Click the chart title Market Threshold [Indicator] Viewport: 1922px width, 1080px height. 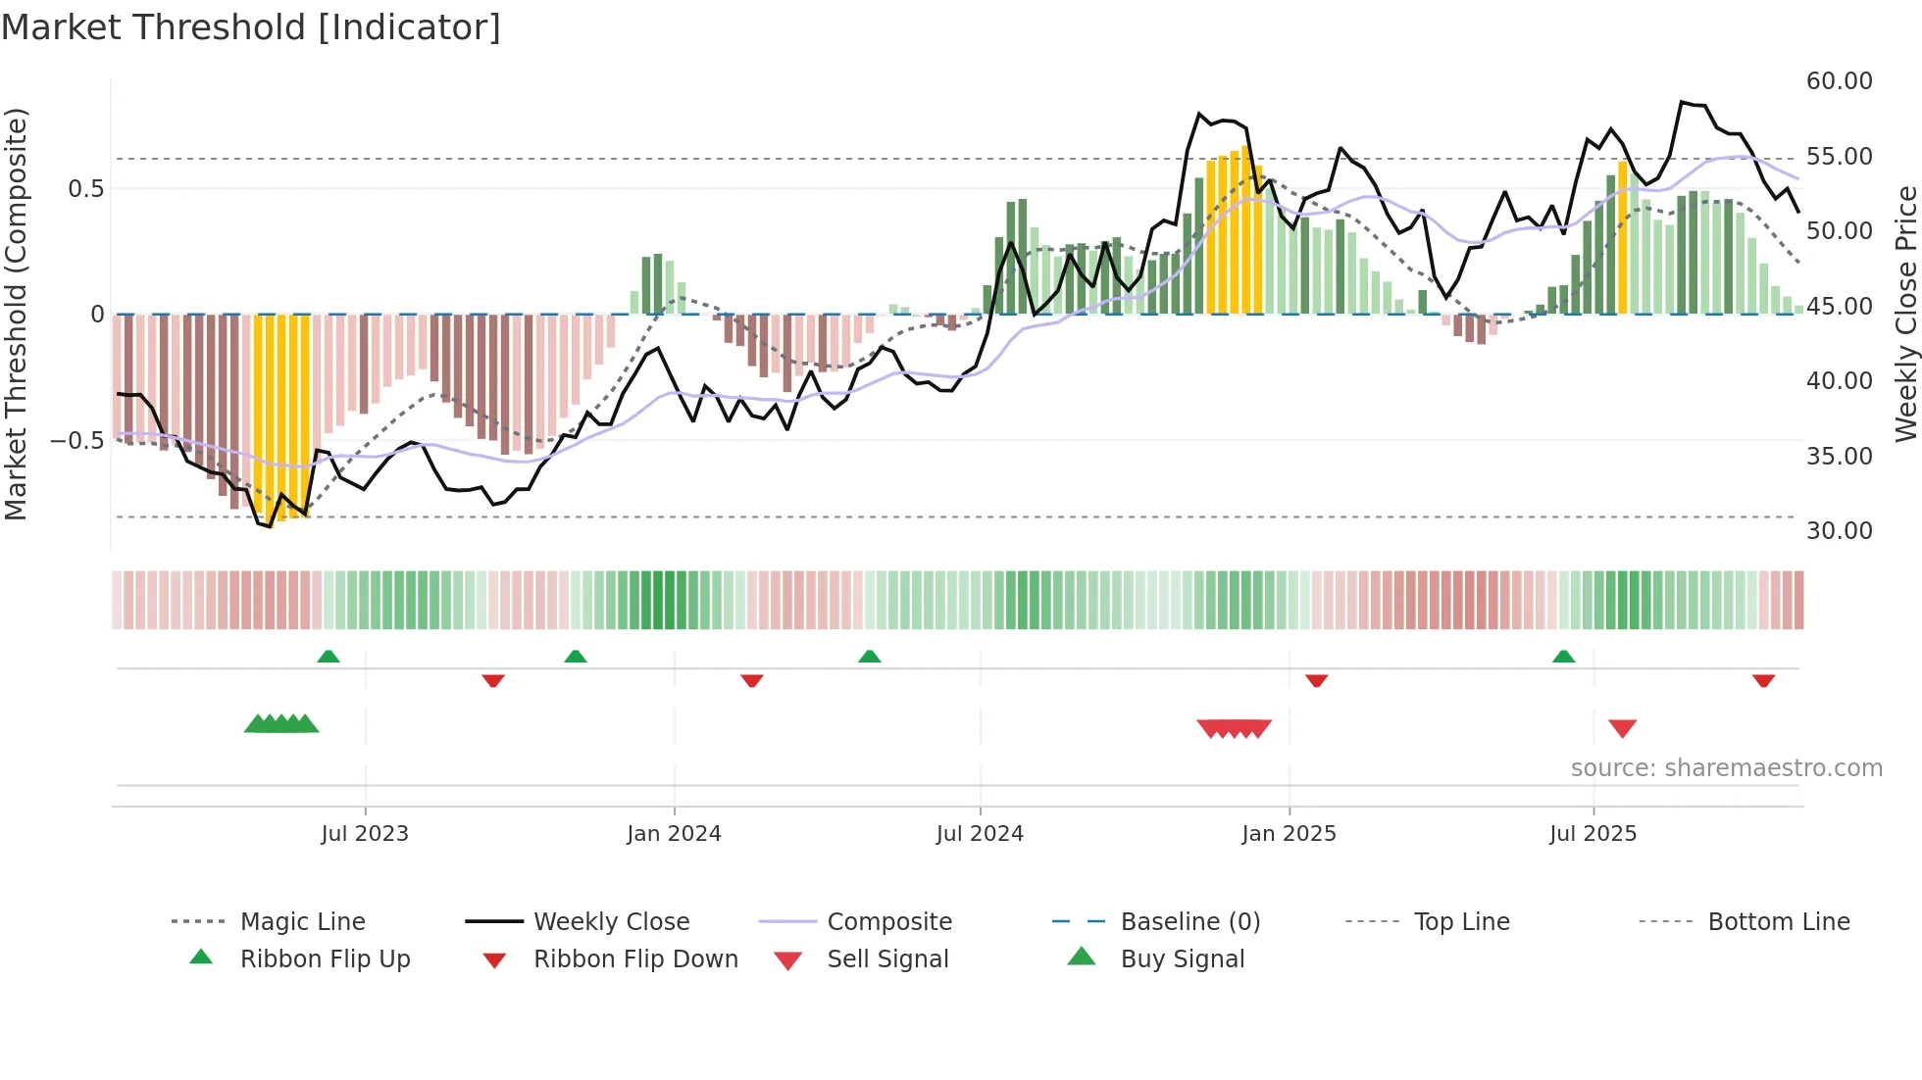(x=251, y=27)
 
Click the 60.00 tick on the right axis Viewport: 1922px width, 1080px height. (x=1839, y=81)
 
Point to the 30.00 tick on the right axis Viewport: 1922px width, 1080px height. (x=1839, y=531)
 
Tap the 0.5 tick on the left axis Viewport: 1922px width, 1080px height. (x=86, y=189)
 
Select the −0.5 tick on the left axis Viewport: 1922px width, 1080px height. (x=77, y=441)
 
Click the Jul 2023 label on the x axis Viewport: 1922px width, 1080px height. (x=365, y=834)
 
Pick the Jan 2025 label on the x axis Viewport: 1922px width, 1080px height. (x=1289, y=834)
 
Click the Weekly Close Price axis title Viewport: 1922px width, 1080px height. (x=1905, y=314)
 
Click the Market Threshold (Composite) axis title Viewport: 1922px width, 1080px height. (x=16, y=314)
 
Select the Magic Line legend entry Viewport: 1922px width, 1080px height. (x=302, y=922)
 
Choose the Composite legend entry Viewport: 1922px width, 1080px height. (x=888, y=922)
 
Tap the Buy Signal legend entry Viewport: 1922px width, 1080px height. (x=1182, y=959)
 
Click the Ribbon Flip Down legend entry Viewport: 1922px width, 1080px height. (x=634, y=959)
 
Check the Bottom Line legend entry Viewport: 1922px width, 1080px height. (x=1778, y=922)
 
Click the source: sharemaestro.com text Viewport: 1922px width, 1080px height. (x=1726, y=768)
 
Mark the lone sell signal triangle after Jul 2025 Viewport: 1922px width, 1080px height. (x=1622, y=728)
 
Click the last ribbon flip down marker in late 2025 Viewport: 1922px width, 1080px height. (x=1763, y=680)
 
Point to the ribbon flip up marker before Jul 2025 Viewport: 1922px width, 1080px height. (x=1563, y=657)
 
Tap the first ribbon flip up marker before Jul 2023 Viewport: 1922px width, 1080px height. (x=329, y=657)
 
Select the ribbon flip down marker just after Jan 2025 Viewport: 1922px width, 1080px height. (x=1316, y=680)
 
